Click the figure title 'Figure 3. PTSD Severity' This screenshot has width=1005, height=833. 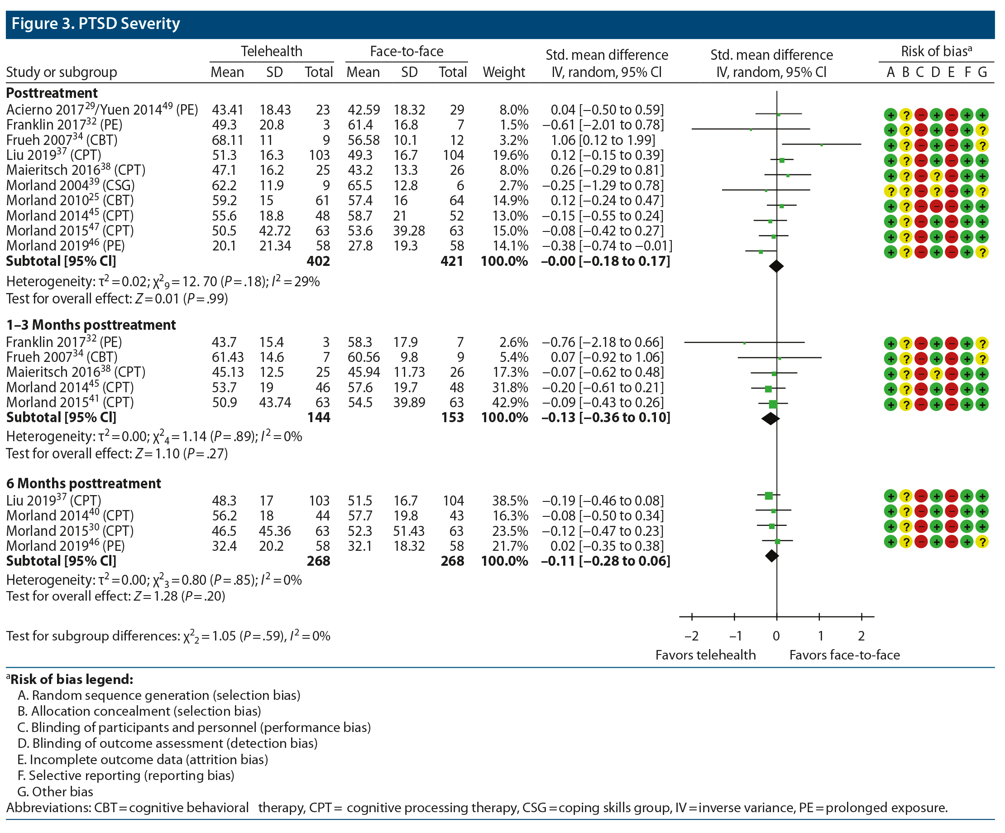coord(96,24)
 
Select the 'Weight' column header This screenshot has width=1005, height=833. coord(503,72)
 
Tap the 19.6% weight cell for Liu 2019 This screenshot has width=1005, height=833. coord(510,155)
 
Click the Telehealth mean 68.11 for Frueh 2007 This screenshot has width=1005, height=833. coord(227,140)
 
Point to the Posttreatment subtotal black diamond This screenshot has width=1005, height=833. coord(776,266)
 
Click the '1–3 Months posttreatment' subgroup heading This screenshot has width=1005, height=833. coord(91,325)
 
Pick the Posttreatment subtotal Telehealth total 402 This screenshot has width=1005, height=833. coord(318,261)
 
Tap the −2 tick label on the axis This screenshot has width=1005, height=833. coord(691,636)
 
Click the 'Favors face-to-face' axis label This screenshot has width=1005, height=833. coord(844,655)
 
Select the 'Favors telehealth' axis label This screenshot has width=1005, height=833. coord(705,655)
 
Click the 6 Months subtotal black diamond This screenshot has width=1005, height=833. coord(771,556)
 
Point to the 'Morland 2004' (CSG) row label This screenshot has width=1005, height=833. coord(70,185)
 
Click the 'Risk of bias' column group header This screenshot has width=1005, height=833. coord(936,51)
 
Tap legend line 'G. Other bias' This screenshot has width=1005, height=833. coord(55,791)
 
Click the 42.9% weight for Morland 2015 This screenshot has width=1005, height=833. coord(510,403)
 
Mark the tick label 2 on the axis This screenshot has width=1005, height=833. coord(861,636)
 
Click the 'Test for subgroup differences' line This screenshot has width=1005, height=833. coord(168,636)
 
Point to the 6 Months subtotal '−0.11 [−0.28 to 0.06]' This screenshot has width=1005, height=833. coord(605,561)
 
